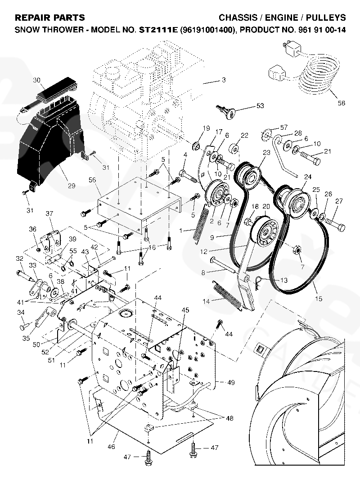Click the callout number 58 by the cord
pos(342,103)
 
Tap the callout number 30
pos(37,80)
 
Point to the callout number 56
pos(93,179)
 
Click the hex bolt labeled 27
pos(334,221)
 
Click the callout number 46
pos(111,447)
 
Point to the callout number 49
pos(231,383)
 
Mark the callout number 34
pos(21,312)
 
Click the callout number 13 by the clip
pos(283,280)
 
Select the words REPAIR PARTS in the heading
pos(50,18)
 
